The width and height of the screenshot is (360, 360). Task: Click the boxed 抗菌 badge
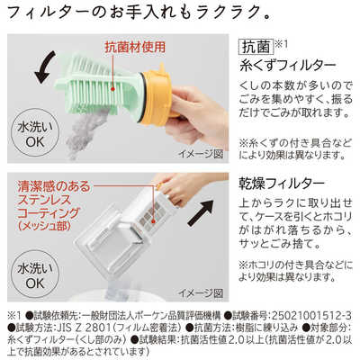(x=254, y=46)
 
